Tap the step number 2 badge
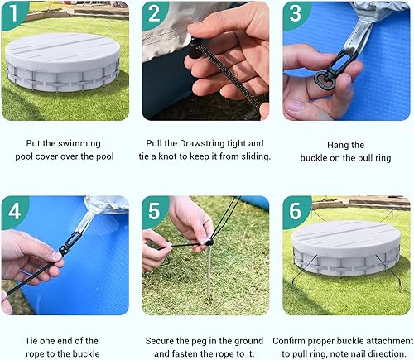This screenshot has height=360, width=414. coord(154,13)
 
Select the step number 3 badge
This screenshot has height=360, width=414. coord(296,13)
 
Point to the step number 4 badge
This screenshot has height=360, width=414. coord(13,212)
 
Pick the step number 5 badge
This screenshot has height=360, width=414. coord(154,212)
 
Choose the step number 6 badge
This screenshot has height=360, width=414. coord(296,212)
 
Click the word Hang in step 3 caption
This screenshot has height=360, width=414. coord(333,145)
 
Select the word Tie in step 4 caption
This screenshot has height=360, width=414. coord(26,339)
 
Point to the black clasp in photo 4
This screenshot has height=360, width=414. coord(68,244)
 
